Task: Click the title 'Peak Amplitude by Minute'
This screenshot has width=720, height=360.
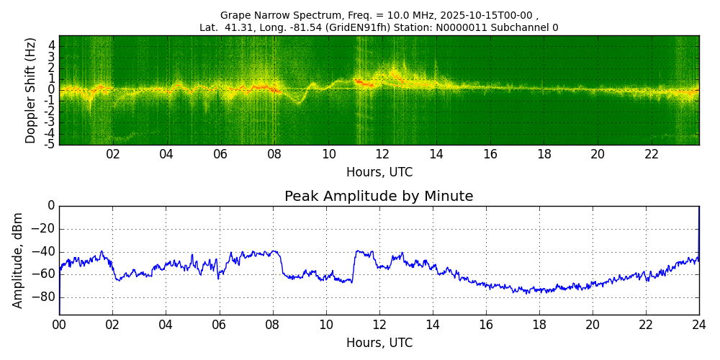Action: [x=379, y=197]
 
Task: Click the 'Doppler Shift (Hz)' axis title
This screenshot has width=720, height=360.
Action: [x=31, y=91]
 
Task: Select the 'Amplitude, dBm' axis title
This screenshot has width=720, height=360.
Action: [x=19, y=260]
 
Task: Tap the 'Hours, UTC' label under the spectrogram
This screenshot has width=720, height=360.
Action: [x=379, y=173]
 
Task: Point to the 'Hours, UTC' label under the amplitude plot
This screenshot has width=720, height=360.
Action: [x=379, y=343]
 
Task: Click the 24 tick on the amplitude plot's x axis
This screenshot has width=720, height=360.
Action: [x=699, y=325]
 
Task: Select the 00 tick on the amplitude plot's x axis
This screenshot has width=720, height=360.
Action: [x=59, y=325]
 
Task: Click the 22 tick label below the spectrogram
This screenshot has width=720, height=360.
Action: [x=652, y=155]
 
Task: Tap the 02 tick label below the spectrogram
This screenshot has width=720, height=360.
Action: [x=113, y=155]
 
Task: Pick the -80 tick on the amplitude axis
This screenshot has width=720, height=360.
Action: [x=44, y=297]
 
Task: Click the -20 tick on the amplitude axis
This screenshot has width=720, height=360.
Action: [x=44, y=229]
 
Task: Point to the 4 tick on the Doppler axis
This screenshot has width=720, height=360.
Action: [x=51, y=45]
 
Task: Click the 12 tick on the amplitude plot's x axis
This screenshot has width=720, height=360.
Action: [x=379, y=325]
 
